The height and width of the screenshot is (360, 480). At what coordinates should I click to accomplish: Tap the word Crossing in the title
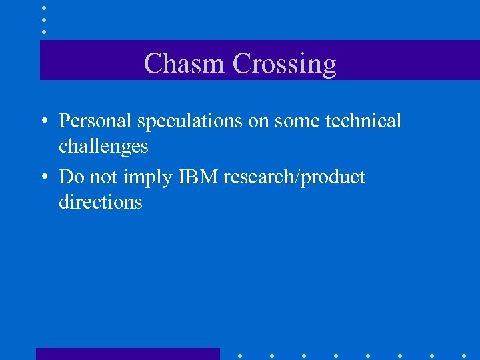[x=285, y=64]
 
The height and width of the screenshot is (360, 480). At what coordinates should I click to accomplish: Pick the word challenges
[x=103, y=145]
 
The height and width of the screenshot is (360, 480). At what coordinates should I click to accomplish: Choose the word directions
[x=101, y=201]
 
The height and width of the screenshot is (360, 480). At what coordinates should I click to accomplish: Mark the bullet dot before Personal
[x=44, y=122]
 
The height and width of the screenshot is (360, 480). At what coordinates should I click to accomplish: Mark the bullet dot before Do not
[x=44, y=178]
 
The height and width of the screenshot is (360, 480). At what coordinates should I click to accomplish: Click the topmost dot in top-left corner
[x=44, y=8]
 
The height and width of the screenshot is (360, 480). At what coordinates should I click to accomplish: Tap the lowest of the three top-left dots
[x=44, y=31]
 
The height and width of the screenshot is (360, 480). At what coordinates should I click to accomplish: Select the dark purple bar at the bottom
[x=127, y=354]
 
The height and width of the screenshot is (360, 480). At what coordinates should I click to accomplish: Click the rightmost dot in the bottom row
[x=464, y=355]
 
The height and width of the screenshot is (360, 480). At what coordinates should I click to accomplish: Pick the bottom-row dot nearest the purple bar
[x=240, y=355]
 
